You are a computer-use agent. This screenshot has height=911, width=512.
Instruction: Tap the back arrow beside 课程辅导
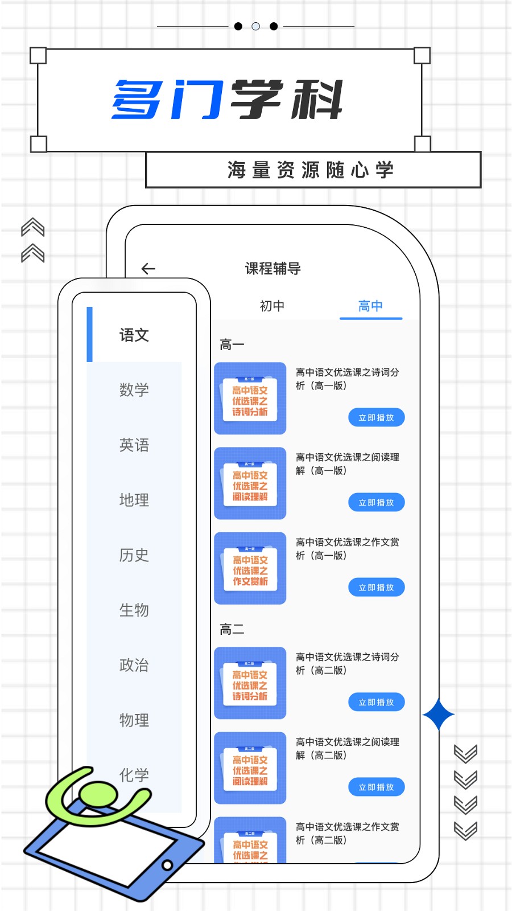(x=148, y=269)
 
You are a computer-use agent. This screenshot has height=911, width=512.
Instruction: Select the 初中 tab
(x=272, y=306)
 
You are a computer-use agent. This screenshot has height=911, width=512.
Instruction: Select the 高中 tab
(x=370, y=306)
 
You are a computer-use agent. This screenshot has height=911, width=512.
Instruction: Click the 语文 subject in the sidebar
(x=134, y=335)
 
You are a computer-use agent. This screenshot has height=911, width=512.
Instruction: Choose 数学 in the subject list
(x=134, y=390)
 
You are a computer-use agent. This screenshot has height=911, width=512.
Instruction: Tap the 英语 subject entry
(x=134, y=445)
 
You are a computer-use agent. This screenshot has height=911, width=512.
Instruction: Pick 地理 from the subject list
(x=134, y=500)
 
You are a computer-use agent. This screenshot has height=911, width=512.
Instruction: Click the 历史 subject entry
(x=134, y=555)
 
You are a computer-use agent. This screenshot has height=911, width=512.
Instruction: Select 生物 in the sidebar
(x=134, y=610)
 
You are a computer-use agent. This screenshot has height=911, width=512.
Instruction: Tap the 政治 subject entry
(x=134, y=665)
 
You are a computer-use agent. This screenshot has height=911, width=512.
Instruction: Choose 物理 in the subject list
(x=134, y=720)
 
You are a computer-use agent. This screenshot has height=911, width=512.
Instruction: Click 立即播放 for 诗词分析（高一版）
(x=376, y=417)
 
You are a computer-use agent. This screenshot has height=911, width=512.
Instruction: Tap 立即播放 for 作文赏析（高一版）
(x=376, y=587)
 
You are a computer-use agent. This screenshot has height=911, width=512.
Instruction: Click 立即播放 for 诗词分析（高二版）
(x=376, y=702)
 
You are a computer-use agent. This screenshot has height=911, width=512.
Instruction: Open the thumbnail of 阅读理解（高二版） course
(x=250, y=768)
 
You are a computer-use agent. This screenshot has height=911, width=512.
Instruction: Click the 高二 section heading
(x=232, y=629)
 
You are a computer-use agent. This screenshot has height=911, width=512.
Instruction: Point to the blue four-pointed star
(x=439, y=715)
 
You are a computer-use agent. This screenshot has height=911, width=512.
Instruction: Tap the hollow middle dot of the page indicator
(x=256, y=26)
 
